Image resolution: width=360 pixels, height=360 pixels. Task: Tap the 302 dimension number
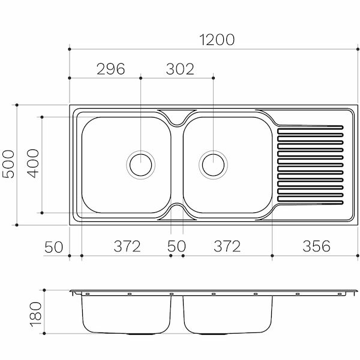coord(178,69)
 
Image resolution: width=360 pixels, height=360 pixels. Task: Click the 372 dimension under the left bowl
coord(127,246)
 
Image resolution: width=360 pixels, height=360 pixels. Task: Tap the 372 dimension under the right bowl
coord(227,246)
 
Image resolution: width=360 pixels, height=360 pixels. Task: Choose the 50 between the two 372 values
coord(177,246)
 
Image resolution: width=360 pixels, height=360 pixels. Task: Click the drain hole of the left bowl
coord(140,163)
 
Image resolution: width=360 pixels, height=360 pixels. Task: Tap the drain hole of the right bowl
coord(214,163)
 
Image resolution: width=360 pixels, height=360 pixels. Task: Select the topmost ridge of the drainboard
coord(310,127)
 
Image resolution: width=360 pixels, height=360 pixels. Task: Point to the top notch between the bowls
coord(176,117)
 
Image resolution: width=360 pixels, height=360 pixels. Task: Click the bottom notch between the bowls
coord(176,211)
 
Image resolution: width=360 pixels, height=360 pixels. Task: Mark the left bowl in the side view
coord(126,315)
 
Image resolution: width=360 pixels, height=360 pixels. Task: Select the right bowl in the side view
coord(227,315)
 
